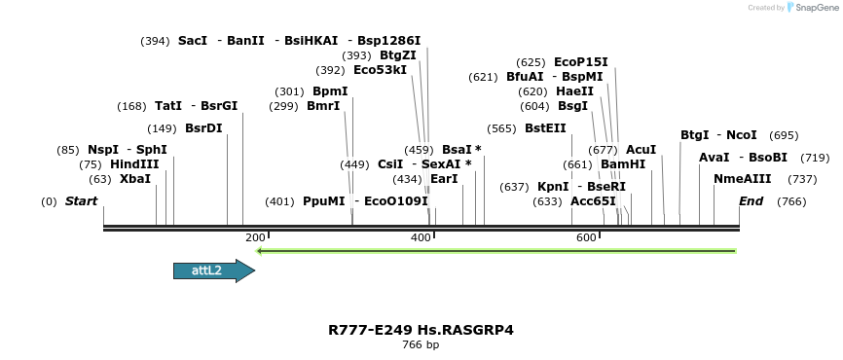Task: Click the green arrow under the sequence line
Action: (x=496, y=251)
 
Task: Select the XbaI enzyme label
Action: (x=135, y=179)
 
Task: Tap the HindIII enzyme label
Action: (x=134, y=164)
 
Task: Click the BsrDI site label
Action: (x=203, y=127)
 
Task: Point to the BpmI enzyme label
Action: (x=330, y=91)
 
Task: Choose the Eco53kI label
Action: (x=380, y=70)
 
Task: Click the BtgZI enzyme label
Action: (x=397, y=55)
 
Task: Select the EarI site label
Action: (x=444, y=179)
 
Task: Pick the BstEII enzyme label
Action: (x=545, y=127)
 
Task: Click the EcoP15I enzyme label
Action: (x=580, y=62)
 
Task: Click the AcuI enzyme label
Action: (x=641, y=150)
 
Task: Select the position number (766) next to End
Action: (x=792, y=201)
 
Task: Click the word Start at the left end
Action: (x=82, y=201)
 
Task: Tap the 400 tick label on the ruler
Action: (x=421, y=238)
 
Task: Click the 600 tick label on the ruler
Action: (x=586, y=238)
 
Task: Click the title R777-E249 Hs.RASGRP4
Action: (x=421, y=330)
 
